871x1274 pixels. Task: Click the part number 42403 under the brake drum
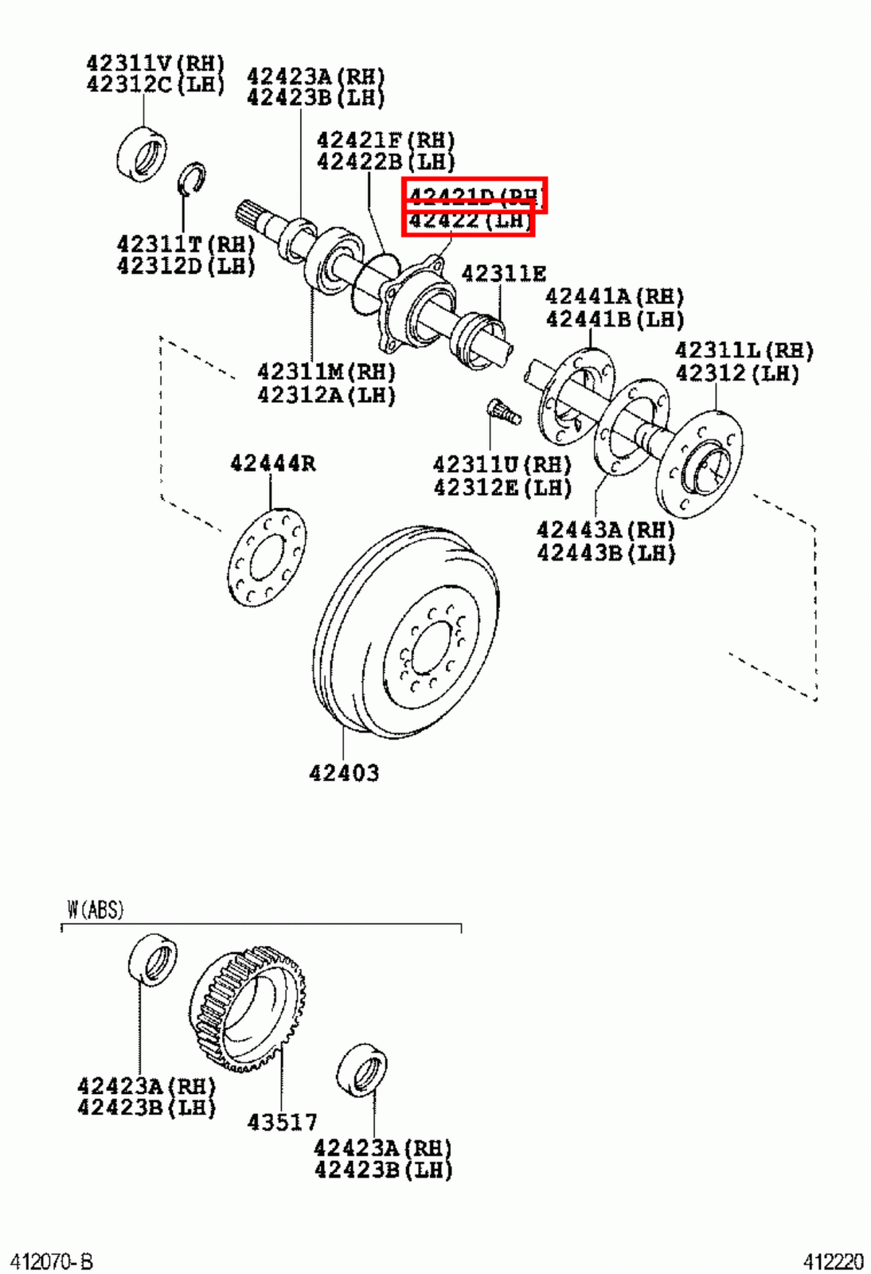click(x=344, y=772)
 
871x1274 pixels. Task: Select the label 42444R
click(x=272, y=463)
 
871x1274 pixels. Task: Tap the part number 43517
click(x=282, y=1122)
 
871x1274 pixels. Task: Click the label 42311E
click(x=503, y=274)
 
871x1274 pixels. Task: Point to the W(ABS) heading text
click(x=95, y=909)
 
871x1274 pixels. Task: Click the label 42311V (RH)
click(x=155, y=63)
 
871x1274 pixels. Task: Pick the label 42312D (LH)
click(x=186, y=266)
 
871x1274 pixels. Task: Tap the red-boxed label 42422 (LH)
click(x=468, y=221)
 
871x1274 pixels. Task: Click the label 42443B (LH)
click(x=605, y=553)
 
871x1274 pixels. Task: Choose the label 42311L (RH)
click(x=744, y=350)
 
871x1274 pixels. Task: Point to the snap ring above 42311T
click(x=191, y=178)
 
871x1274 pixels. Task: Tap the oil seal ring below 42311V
click(x=142, y=153)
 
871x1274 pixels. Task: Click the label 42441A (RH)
click(x=614, y=297)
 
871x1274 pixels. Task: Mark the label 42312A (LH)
click(x=326, y=395)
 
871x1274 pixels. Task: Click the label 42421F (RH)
click(x=385, y=140)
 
